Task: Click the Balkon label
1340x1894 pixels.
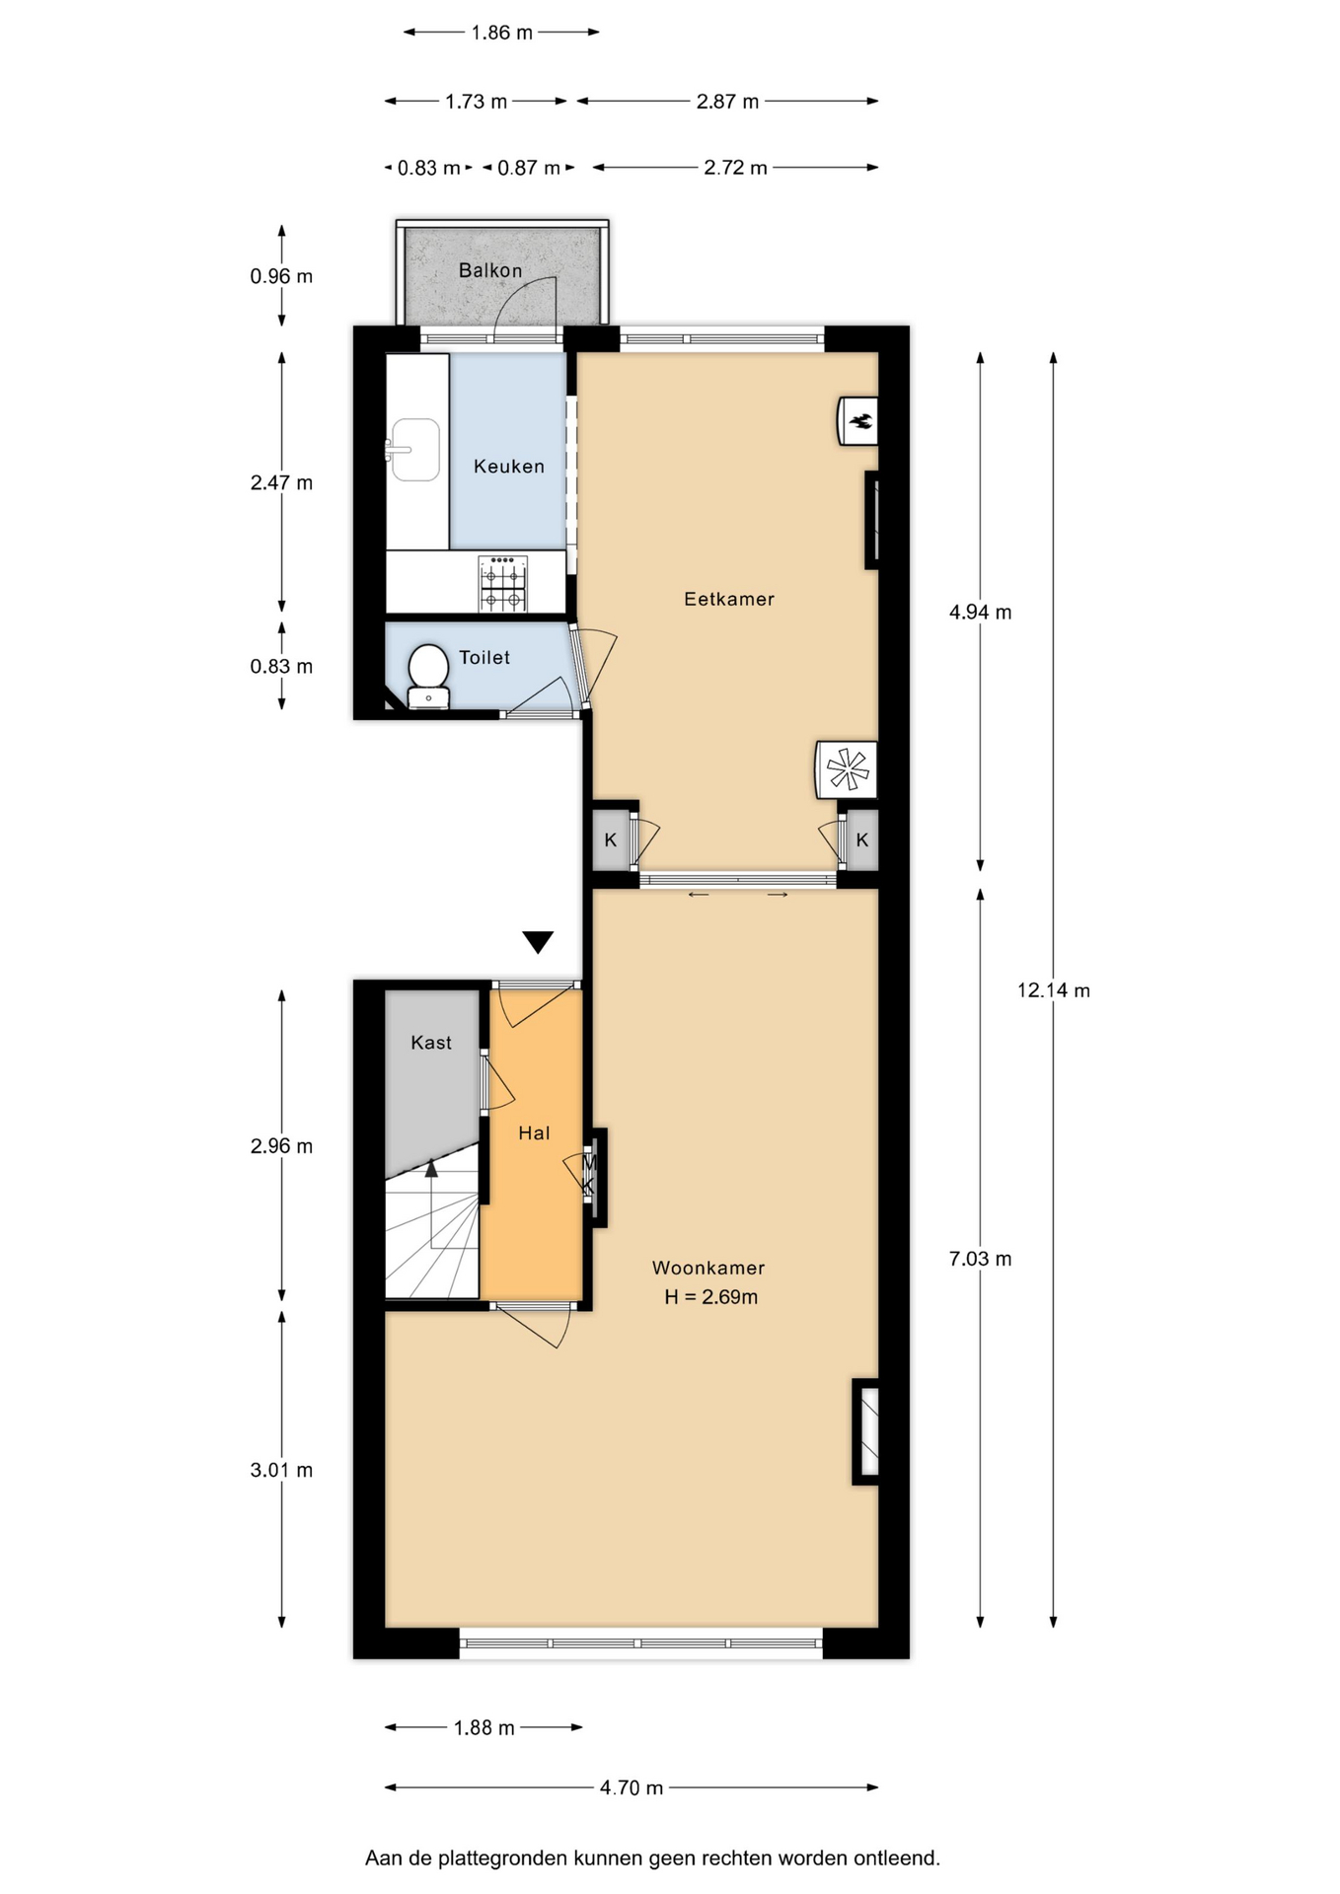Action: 490,270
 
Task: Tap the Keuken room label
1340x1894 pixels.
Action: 509,467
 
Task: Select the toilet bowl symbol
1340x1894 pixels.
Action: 428,676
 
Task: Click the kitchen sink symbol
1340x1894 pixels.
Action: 414,450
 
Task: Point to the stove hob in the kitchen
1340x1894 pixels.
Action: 503,583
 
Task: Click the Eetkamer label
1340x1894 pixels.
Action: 729,599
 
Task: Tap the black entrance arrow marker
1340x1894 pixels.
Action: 538,942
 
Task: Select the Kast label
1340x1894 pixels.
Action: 431,1043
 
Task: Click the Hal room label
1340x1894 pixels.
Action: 534,1133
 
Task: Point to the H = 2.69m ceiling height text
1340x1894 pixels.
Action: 711,1297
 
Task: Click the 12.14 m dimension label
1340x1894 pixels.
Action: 1054,990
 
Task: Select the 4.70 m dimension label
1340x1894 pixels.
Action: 632,1787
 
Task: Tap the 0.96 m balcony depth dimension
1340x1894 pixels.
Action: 281,276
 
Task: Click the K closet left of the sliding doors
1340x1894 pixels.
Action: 611,840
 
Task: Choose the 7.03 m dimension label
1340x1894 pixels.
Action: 980,1259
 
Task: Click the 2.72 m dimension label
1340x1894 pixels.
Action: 735,168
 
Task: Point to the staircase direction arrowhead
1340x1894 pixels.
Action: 431,1169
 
